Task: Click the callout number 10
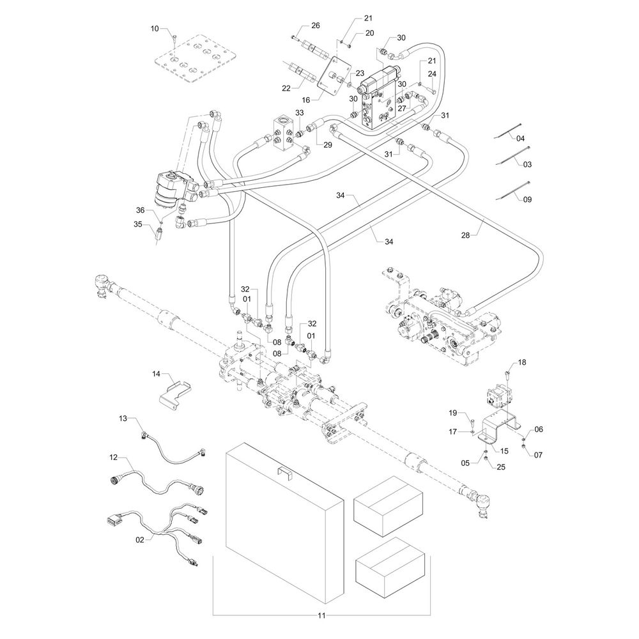pyautogui.click(x=155, y=28)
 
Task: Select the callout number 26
pyautogui.click(x=315, y=26)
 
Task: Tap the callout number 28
pyautogui.click(x=465, y=235)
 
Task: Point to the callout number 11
pyautogui.click(x=322, y=616)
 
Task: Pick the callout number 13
pyautogui.click(x=123, y=418)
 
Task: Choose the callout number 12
pyautogui.click(x=114, y=458)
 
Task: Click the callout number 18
pyautogui.click(x=522, y=362)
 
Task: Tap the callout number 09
pyautogui.click(x=527, y=199)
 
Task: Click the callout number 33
pyautogui.click(x=300, y=113)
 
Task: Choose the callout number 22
pyautogui.click(x=286, y=88)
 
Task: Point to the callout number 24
pyautogui.click(x=432, y=74)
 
